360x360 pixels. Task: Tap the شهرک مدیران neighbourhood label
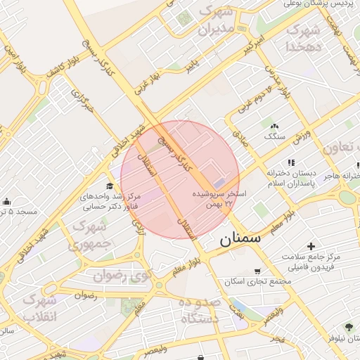click(x=215, y=21)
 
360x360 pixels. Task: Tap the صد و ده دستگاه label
click(x=200, y=310)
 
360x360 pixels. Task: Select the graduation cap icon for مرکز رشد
click(x=110, y=185)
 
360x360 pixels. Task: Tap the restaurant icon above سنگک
click(x=273, y=126)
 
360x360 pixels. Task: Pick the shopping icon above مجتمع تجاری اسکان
click(x=257, y=271)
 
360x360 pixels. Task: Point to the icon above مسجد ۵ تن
click(x=6, y=202)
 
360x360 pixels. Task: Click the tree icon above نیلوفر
click(x=348, y=326)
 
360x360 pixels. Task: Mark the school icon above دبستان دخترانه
click(x=291, y=163)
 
